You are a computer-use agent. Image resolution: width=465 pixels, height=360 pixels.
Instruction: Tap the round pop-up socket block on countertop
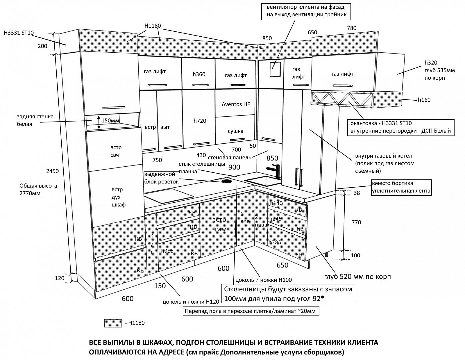(x=227, y=181)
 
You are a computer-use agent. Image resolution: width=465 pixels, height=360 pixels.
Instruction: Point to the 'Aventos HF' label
(x=236, y=104)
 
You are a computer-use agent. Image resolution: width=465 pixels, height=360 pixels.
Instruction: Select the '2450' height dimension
(x=52, y=171)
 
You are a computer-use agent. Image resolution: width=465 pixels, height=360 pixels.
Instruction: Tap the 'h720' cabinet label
(x=200, y=121)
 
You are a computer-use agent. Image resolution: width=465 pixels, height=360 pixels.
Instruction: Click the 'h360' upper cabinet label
(x=199, y=74)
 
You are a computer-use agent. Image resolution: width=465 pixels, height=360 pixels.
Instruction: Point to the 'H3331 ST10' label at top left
(x=19, y=33)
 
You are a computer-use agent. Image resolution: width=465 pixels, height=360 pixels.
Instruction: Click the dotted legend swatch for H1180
(x=113, y=323)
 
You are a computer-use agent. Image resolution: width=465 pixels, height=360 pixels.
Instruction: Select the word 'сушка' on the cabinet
(x=235, y=131)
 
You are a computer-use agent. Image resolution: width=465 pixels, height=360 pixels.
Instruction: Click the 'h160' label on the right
(x=424, y=100)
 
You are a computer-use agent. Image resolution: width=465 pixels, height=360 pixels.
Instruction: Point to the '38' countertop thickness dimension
(x=357, y=193)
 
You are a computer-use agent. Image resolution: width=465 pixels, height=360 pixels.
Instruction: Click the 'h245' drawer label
(x=276, y=219)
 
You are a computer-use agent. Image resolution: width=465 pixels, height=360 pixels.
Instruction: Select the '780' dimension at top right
(x=352, y=28)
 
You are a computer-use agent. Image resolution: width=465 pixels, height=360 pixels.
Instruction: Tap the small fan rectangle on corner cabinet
(x=275, y=70)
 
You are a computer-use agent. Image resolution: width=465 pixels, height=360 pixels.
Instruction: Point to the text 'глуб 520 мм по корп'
(x=357, y=277)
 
